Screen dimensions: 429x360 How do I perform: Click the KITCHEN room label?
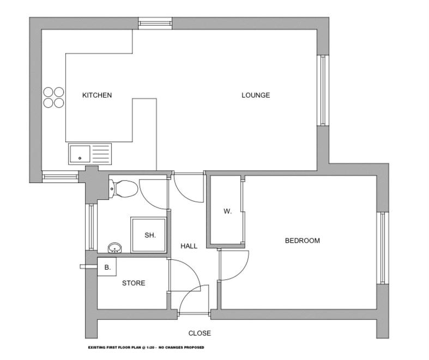coord(97,95)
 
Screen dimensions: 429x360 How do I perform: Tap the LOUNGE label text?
coord(256,95)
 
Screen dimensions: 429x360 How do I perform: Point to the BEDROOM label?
coord(303,241)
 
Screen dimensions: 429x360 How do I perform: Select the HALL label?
coord(189,246)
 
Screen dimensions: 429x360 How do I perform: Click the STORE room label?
coord(134,283)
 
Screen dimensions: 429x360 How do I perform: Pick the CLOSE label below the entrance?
coord(200,333)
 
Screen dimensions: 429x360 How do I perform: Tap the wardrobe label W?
coord(227,211)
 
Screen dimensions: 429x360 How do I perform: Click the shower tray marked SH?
coord(149,235)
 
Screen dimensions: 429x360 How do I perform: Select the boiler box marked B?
coord(107,266)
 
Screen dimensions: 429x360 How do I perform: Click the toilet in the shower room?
coord(123,188)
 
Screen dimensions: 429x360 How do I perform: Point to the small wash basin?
coord(115,248)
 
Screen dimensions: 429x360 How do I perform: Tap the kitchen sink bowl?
coord(80,154)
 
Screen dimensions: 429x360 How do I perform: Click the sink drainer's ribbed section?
coord(101,154)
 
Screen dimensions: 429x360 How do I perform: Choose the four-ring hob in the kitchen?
coord(53,97)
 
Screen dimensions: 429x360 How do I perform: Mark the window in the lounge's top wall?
coord(155,23)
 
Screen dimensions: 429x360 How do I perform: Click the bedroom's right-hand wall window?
coord(383,248)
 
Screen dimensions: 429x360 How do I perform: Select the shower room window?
coord(92,227)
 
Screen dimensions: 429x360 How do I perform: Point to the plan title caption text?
coord(146,347)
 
